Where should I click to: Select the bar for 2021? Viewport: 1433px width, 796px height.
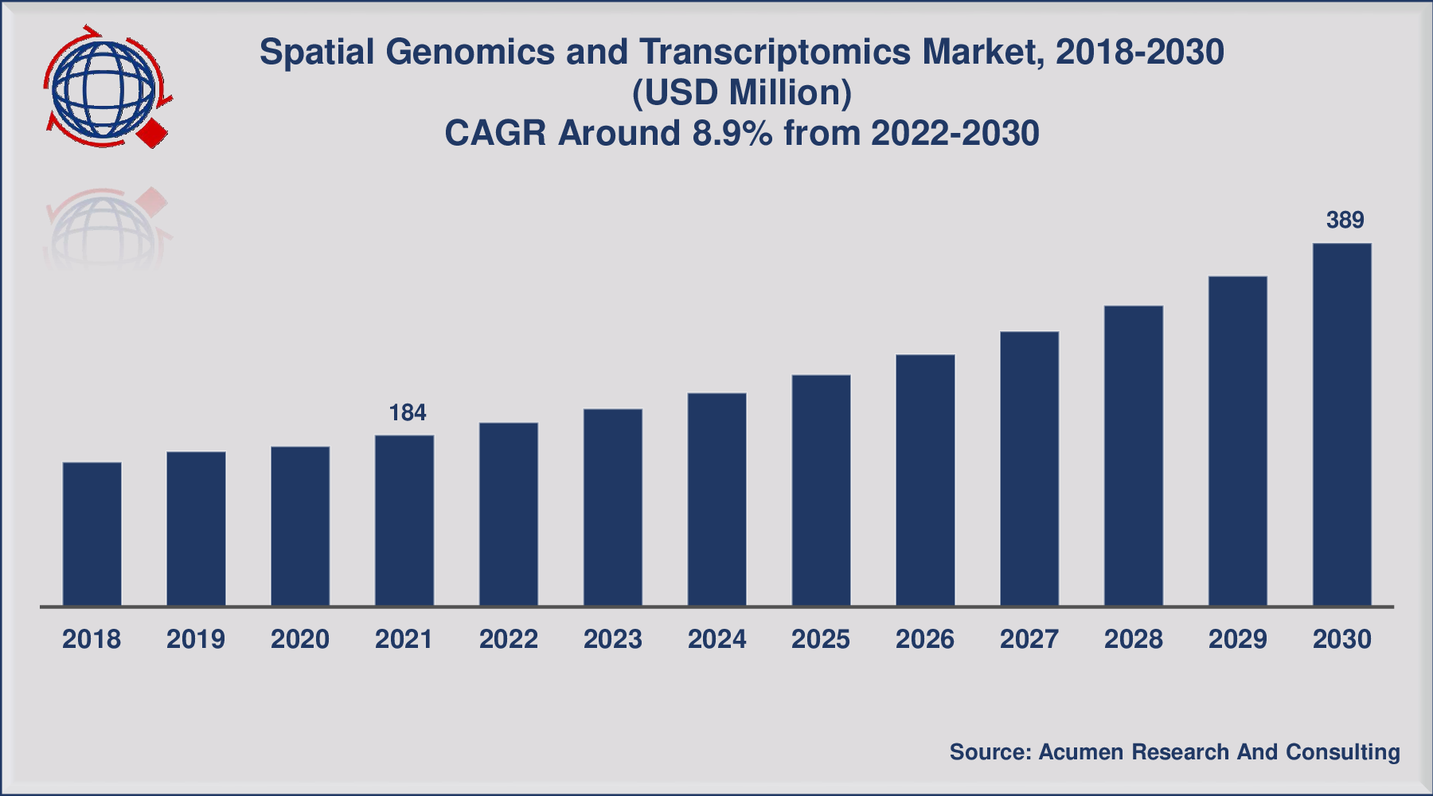pos(404,521)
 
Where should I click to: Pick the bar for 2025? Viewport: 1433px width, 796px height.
pos(821,490)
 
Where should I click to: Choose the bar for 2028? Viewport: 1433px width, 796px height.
pos(1133,455)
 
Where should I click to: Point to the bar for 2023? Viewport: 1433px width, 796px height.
pos(612,507)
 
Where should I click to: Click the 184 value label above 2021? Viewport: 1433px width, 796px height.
pos(407,412)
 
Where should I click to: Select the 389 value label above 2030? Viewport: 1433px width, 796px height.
pos(1345,220)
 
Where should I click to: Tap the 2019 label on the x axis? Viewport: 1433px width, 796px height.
pos(196,639)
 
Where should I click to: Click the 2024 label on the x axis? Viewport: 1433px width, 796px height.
pos(716,639)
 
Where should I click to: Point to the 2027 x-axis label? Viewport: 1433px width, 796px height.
pos(1029,639)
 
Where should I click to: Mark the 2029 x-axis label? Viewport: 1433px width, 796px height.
pos(1237,639)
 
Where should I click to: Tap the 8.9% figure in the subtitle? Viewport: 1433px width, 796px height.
pos(732,133)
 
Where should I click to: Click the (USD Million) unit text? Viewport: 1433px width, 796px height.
pos(741,92)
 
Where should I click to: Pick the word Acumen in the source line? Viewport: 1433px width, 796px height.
pos(1080,752)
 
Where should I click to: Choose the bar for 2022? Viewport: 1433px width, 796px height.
pos(508,514)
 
